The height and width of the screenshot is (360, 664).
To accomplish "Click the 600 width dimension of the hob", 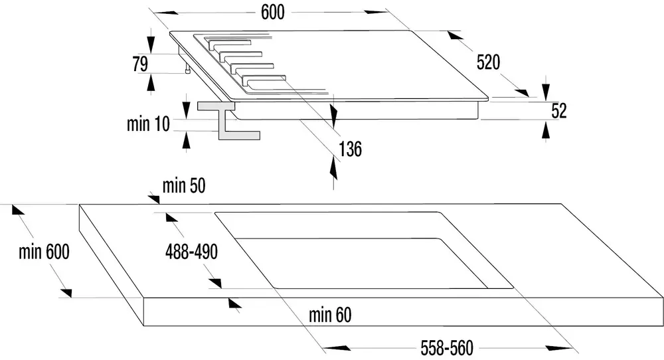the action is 272,12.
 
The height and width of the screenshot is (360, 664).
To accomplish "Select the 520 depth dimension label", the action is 488,62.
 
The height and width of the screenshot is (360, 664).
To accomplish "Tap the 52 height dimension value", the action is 559,110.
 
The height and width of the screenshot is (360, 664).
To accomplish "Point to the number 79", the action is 140,64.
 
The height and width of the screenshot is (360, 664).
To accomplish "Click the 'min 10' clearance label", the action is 148,124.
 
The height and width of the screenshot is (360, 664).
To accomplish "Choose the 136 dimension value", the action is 350,149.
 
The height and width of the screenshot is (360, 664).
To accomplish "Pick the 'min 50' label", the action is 184,185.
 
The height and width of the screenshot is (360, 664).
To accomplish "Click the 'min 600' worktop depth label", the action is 44,252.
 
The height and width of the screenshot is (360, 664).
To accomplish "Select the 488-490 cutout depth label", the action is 191,252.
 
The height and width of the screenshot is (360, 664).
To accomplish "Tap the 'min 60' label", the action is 330,315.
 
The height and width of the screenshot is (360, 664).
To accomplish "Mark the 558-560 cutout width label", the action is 447,348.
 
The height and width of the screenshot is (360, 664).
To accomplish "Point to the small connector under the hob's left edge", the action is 187,68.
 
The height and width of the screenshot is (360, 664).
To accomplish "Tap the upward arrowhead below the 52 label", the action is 545,129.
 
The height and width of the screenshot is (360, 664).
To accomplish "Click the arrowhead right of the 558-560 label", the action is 559,348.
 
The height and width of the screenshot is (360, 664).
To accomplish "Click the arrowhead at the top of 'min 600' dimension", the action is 18,210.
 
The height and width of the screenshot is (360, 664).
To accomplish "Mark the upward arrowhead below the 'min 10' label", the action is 186,139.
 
